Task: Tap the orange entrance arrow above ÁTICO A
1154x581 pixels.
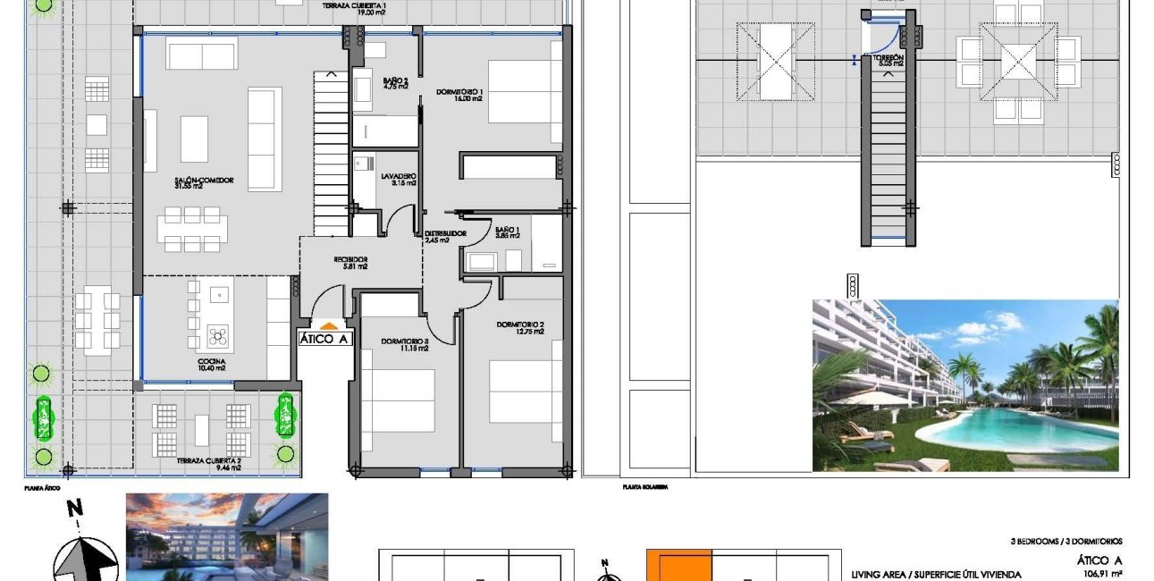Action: pyautogui.click(x=328, y=326)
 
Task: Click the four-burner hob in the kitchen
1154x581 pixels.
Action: pyautogui.click(x=219, y=336)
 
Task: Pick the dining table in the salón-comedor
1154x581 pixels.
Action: pyautogui.click(x=191, y=229)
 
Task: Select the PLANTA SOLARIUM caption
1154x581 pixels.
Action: pyautogui.click(x=645, y=487)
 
